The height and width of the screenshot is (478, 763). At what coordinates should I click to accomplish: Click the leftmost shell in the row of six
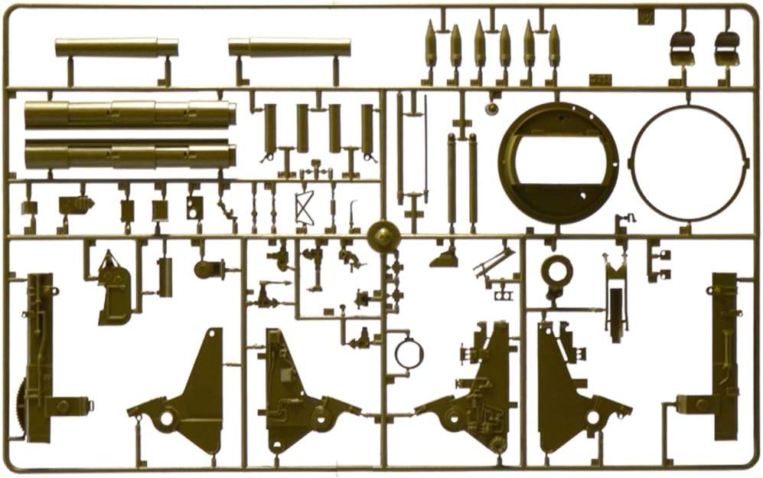431,46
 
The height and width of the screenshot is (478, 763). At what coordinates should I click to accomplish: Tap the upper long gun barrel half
130,115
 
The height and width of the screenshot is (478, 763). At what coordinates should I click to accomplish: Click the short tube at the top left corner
116,47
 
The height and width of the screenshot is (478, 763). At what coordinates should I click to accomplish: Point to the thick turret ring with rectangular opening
558,162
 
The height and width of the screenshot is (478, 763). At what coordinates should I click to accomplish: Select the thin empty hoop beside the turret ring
688,162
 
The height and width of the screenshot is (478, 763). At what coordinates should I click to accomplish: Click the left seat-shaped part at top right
682,47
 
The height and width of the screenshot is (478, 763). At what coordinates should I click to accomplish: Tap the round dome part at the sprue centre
383,236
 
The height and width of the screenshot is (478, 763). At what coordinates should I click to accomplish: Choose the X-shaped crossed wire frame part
305,208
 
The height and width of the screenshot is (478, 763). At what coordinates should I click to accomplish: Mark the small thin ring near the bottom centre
409,354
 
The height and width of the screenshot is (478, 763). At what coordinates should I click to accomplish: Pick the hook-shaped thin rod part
353,214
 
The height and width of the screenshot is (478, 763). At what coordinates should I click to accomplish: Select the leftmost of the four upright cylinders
269,129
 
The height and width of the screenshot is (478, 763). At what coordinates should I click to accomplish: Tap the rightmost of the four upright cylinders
367,129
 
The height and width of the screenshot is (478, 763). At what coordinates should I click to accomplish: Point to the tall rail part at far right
723,352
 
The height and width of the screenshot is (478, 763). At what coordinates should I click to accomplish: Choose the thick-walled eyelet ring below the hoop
556,272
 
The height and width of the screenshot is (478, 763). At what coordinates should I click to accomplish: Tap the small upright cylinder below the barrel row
165,277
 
